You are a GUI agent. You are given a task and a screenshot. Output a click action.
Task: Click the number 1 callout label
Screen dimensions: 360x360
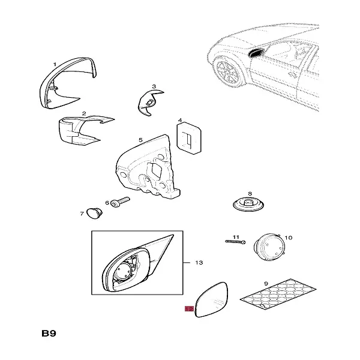coord(55,64)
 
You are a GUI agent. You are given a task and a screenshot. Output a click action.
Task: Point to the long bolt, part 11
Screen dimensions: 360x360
coord(235,241)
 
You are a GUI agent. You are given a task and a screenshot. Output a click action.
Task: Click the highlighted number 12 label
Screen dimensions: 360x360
coord(189,310)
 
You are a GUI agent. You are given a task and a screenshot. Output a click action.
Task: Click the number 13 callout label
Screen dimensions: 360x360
coord(200,263)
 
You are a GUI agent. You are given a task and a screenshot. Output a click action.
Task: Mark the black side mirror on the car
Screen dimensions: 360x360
coord(254,54)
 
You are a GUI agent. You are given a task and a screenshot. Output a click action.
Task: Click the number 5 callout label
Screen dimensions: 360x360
coord(140,140)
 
